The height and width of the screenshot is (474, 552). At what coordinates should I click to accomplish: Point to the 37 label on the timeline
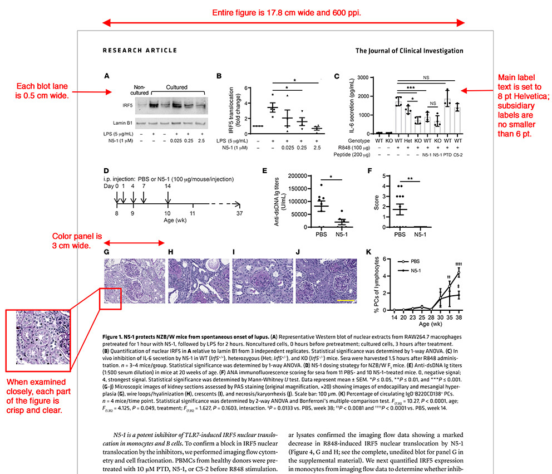(239, 213)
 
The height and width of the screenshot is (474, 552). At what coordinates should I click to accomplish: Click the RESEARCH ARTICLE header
(140, 51)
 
